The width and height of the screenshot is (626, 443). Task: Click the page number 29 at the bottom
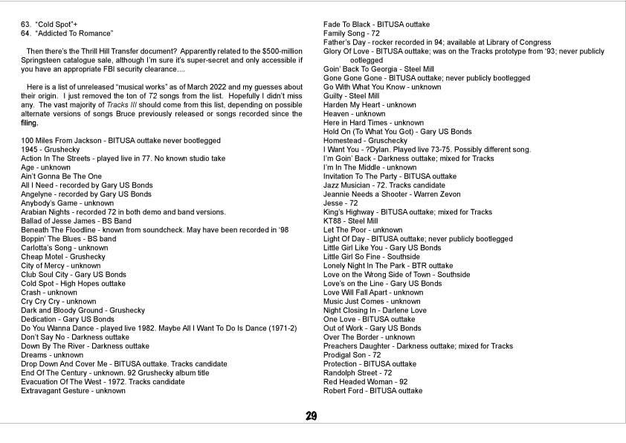[312, 416]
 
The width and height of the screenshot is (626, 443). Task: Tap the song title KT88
[332, 221]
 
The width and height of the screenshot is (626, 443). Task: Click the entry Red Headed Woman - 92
[365, 382]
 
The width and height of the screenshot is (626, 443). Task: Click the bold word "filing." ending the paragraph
[30, 123]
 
